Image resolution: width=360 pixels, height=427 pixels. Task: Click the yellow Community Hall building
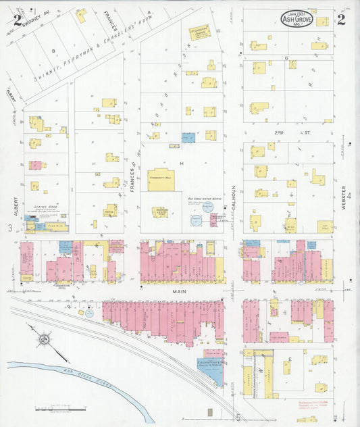(x=161, y=180)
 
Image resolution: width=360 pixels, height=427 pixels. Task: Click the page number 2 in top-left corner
(x=16, y=18)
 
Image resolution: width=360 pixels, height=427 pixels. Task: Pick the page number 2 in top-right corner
(x=341, y=19)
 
